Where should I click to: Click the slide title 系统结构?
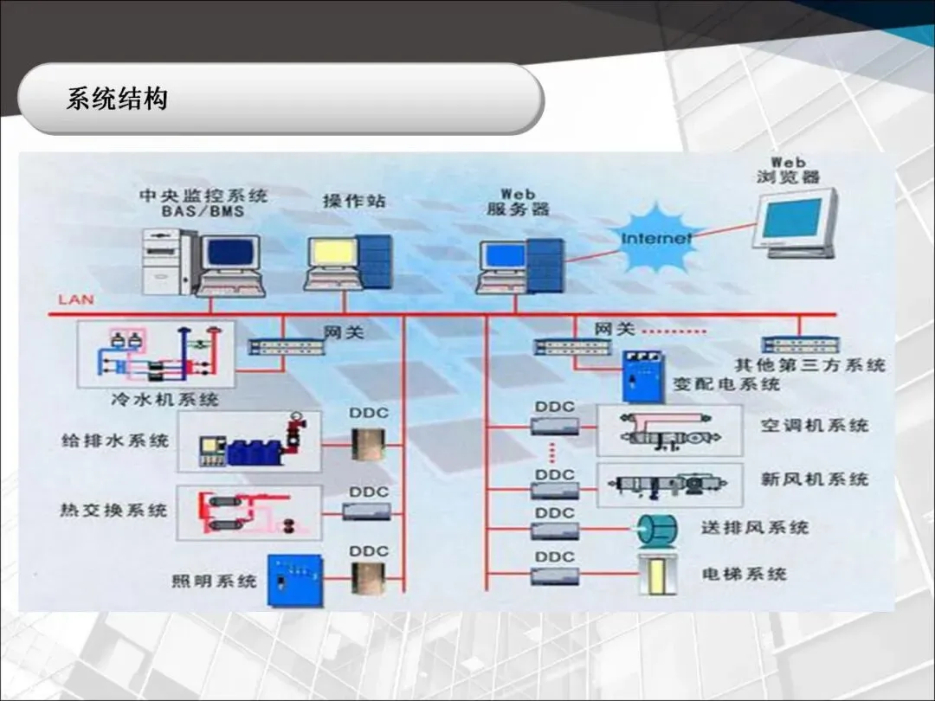(x=117, y=100)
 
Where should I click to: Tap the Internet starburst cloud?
(x=657, y=236)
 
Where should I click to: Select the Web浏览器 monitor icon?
(x=794, y=222)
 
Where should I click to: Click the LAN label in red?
(x=76, y=300)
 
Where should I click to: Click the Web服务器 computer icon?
(x=519, y=263)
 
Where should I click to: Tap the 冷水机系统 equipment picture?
(x=156, y=355)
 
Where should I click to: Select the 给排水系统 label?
(x=114, y=441)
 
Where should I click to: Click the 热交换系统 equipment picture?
(x=248, y=514)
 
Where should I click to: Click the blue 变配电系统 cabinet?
(x=642, y=376)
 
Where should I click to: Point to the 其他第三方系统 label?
(x=810, y=364)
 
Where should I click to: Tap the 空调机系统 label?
(x=815, y=425)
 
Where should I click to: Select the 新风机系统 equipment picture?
(x=669, y=485)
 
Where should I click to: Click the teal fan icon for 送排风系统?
(x=655, y=531)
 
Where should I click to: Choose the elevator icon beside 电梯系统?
(x=656, y=575)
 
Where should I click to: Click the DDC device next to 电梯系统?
(x=554, y=576)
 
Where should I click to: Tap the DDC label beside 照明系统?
(x=370, y=551)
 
